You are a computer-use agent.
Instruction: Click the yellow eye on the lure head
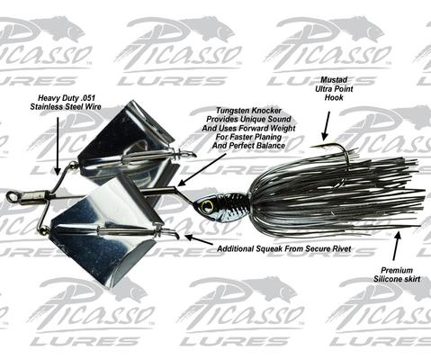tap(205, 205)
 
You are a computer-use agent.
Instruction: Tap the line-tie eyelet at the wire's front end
tap(12, 196)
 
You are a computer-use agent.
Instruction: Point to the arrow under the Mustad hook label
tap(326, 126)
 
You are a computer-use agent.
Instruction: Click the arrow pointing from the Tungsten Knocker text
tap(202, 170)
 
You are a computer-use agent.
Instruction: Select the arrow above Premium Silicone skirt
tap(396, 246)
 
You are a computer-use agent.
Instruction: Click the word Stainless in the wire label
tap(45, 107)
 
